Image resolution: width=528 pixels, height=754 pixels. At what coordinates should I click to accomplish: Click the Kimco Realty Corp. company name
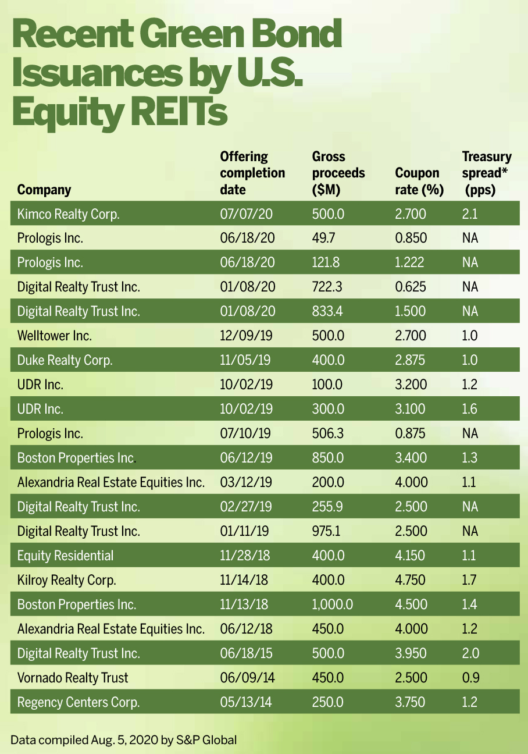[x=68, y=214]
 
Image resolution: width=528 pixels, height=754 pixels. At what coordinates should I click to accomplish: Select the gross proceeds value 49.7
[x=323, y=238]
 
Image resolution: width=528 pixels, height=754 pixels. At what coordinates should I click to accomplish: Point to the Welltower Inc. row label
[x=55, y=336]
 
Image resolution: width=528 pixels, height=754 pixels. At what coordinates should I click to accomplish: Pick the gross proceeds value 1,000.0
[x=332, y=604]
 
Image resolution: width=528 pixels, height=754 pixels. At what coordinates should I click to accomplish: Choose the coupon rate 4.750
[x=411, y=580]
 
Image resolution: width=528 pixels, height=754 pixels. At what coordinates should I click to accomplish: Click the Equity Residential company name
[x=65, y=556]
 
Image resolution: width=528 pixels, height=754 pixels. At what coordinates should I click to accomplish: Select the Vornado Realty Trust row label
[x=73, y=678]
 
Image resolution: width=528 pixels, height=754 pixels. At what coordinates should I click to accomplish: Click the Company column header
[x=44, y=190]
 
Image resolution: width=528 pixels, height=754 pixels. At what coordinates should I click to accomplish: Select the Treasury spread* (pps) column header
[x=487, y=173]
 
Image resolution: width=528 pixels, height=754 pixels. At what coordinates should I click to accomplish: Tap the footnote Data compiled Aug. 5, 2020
[x=124, y=740]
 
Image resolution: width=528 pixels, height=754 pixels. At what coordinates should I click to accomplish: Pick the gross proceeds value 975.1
[x=328, y=531]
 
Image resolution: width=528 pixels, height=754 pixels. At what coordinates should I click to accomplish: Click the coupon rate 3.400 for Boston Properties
[x=411, y=458]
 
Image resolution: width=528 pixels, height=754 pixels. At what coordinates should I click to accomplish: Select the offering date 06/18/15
[x=244, y=653]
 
